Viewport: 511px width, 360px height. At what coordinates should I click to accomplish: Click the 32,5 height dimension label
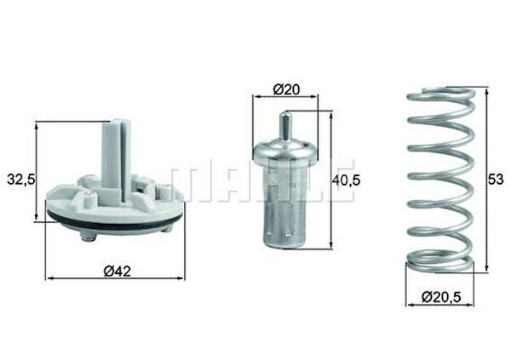pos(20,180)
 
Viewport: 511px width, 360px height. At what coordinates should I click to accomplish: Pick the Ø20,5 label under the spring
pos(440,297)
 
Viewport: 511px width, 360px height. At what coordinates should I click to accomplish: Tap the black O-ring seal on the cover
pos(115,225)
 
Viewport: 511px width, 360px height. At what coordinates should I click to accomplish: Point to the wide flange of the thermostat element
pos(285,153)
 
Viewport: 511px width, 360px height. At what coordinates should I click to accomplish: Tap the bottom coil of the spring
pos(440,265)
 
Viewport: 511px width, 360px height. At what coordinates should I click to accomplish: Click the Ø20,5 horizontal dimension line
pos(440,306)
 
